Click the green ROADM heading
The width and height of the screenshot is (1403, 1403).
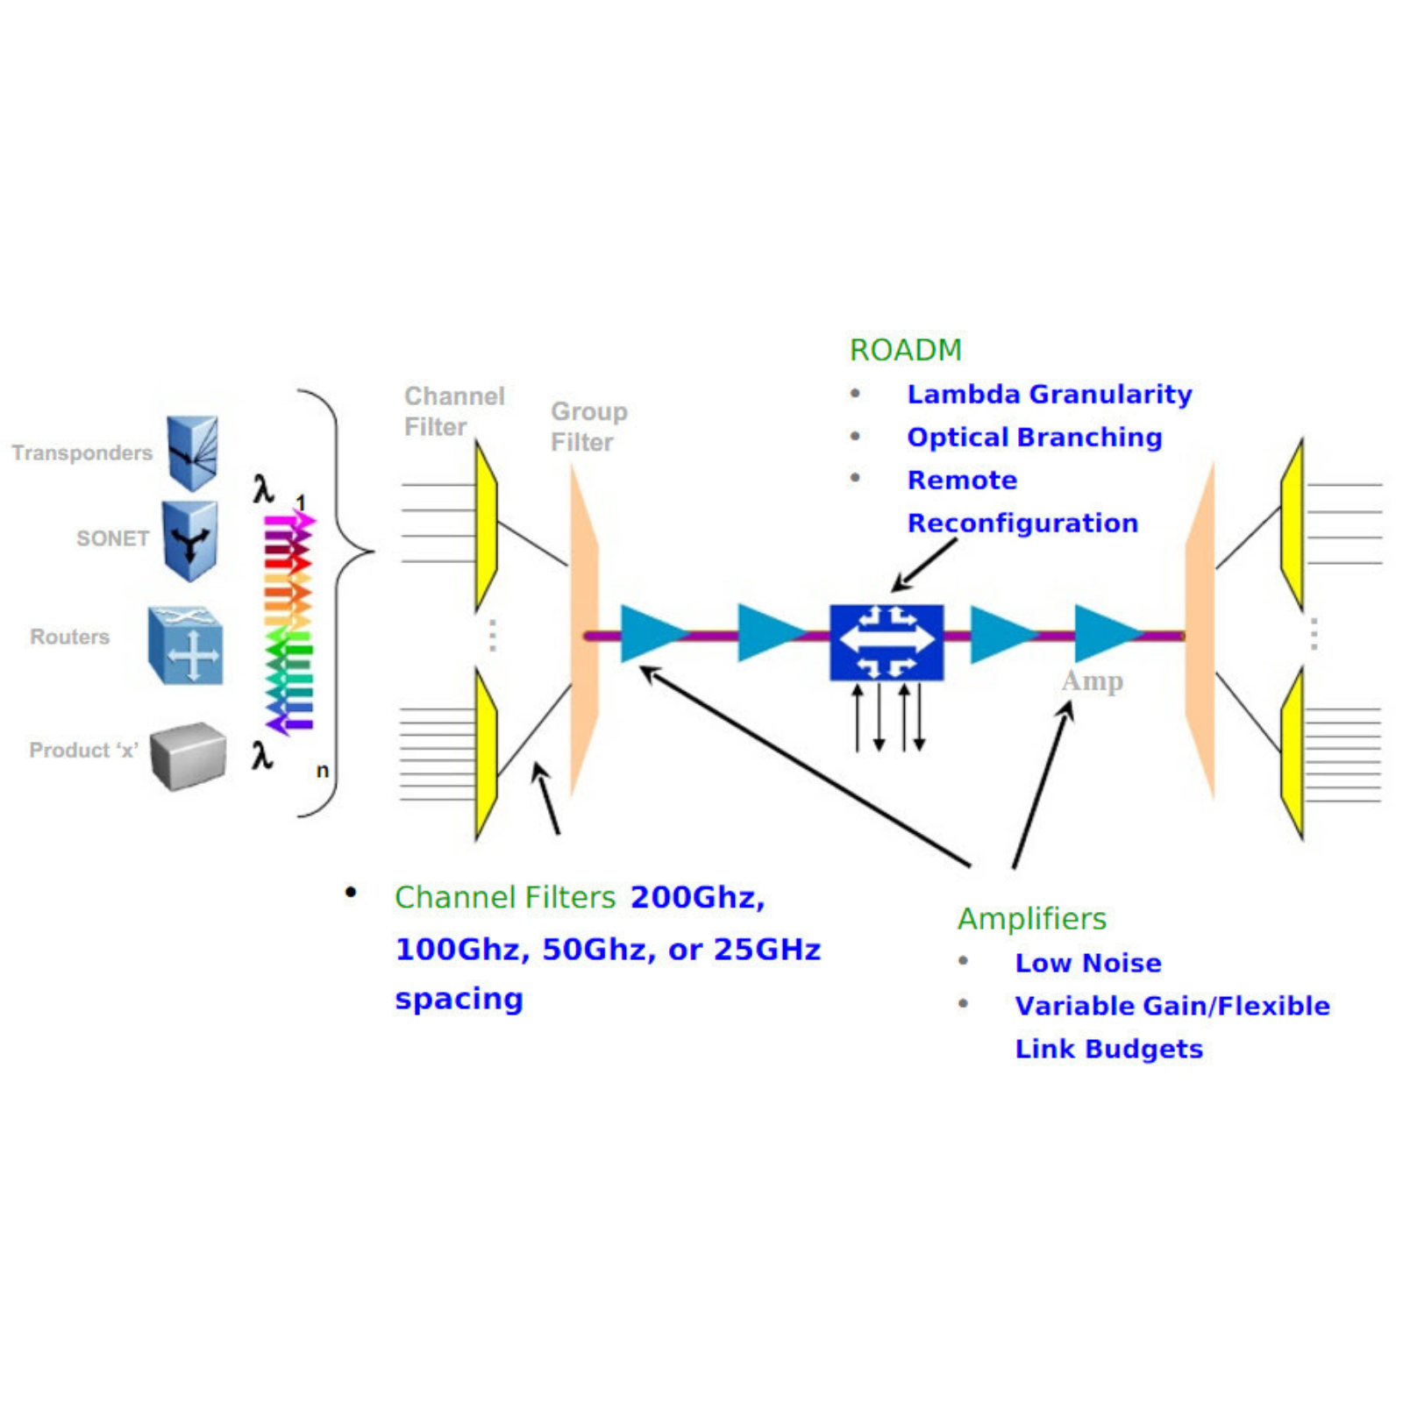(x=905, y=350)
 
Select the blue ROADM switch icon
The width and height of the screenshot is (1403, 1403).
(x=887, y=642)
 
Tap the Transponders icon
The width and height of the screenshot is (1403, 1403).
(x=193, y=452)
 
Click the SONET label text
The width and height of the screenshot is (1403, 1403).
(x=112, y=538)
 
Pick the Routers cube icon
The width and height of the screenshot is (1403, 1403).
(x=186, y=645)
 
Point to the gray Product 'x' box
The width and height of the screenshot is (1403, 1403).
(x=188, y=755)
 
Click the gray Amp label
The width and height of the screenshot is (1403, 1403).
(x=1092, y=680)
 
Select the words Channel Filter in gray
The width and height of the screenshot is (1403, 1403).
(x=453, y=411)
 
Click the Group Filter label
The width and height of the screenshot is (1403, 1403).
(x=588, y=427)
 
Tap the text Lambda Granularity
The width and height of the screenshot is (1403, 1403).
(x=1049, y=395)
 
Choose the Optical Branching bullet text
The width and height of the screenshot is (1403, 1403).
(x=1034, y=438)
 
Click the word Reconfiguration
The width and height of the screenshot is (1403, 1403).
(x=1022, y=523)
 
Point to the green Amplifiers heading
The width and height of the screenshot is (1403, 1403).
(x=1031, y=919)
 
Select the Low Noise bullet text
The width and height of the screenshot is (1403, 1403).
(x=1087, y=963)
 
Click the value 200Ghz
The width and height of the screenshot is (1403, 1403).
(x=697, y=898)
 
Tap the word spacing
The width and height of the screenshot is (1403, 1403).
(x=459, y=999)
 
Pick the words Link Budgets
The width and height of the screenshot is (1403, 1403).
(x=1108, y=1049)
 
